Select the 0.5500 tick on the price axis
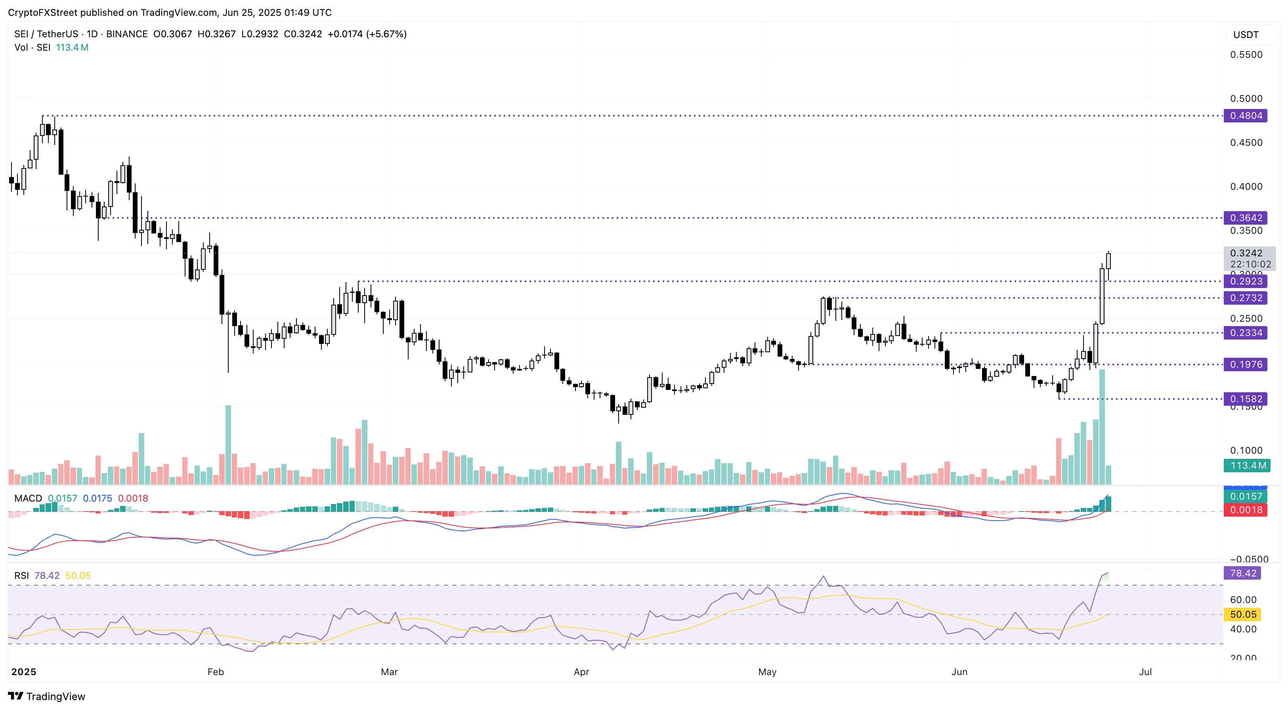click(x=1246, y=55)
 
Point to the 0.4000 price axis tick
click(x=1246, y=187)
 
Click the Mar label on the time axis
click(x=389, y=672)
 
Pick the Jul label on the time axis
click(x=1145, y=672)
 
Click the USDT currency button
click(x=1246, y=34)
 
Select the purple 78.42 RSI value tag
click(x=1242, y=573)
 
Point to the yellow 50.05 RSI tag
click(x=1242, y=615)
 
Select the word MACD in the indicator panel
click(x=28, y=498)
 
